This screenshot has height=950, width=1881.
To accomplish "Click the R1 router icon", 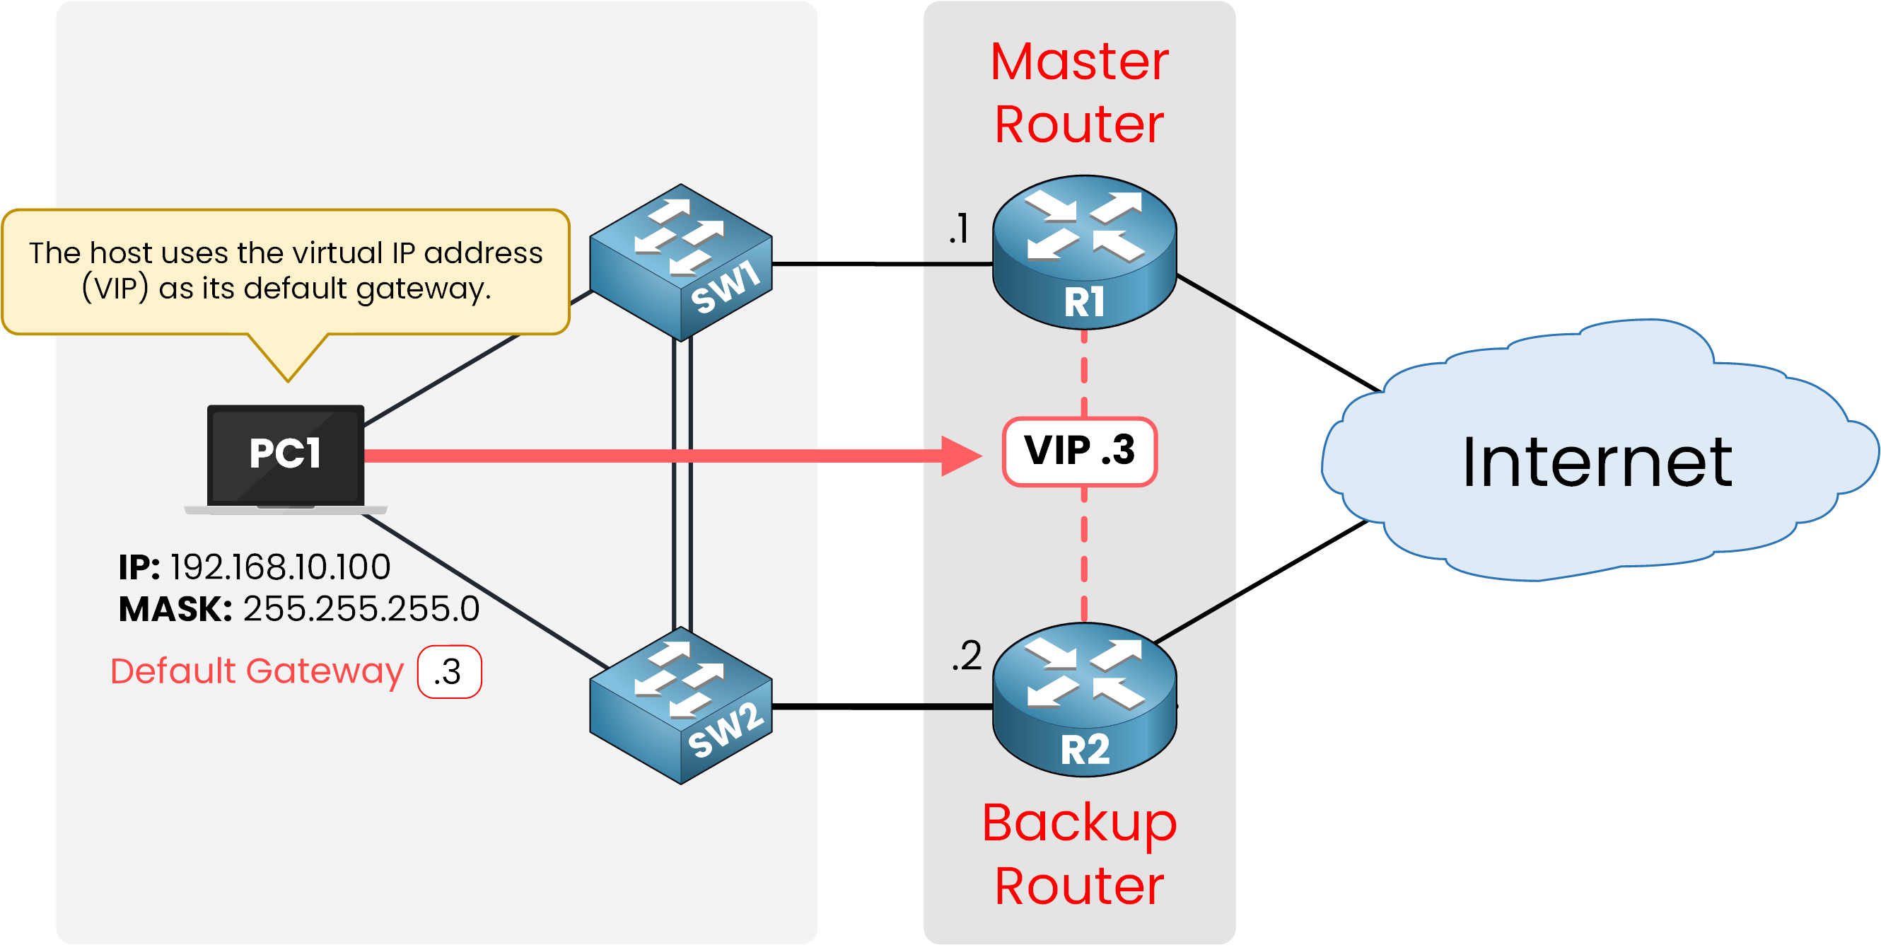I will pyautogui.click(x=1084, y=252).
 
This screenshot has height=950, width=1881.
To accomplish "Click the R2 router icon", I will pyautogui.click(x=1084, y=700).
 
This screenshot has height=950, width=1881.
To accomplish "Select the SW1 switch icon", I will pyautogui.click(x=680, y=263).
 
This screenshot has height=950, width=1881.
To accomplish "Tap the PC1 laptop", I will pyautogui.click(x=286, y=457).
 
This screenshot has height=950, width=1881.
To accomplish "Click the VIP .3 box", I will pyautogui.click(x=1079, y=451).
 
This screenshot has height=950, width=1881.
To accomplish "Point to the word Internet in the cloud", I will pyautogui.click(x=1597, y=461).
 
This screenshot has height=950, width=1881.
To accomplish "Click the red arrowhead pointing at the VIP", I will pyautogui.click(x=960, y=456).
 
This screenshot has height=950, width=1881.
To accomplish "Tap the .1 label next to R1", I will pyautogui.click(x=959, y=228).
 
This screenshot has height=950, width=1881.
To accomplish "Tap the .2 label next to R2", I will pyautogui.click(x=966, y=656).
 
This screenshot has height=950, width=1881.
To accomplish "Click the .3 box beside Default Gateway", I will pyautogui.click(x=449, y=672).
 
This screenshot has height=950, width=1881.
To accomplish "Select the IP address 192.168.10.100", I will pyautogui.click(x=281, y=567).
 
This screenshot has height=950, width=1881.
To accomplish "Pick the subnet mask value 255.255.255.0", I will pyautogui.click(x=361, y=609).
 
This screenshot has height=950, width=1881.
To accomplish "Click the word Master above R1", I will pyautogui.click(x=1079, y=62).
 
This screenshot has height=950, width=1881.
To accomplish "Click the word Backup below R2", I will pyautogui.click(x=1079, y=823).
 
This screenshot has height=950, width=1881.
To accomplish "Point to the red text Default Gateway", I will pyautogui.click(x=256, y=671).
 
